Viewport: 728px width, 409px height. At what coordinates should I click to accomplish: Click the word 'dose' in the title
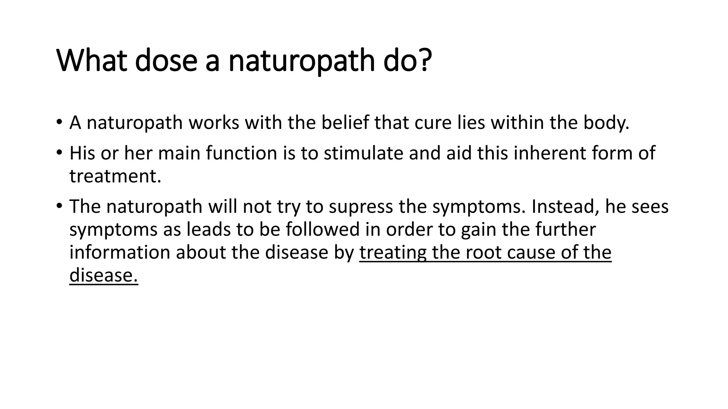pos(166,61)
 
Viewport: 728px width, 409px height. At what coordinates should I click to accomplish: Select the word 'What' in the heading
pos(92,61)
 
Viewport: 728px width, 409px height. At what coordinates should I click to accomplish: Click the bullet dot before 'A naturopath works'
pos(59,121)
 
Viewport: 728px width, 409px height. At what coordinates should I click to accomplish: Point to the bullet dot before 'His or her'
pos(59,152)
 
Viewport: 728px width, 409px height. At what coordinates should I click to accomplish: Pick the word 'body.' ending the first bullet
pos(606,123)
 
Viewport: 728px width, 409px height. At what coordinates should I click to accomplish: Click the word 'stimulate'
pos(363,153)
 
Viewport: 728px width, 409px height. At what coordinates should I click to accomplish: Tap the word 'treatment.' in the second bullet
pos(115,176)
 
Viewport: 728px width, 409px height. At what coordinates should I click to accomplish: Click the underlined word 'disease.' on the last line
pos(103,275)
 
